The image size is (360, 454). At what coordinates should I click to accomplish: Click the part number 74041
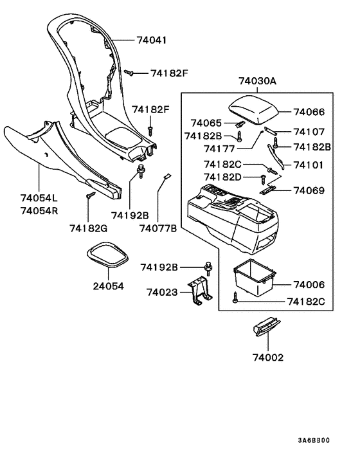point(152,40)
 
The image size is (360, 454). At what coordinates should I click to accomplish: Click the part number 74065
point(206,123)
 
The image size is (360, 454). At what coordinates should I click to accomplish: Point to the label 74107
point(309,132)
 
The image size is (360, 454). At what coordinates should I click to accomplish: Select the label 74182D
point(222,176)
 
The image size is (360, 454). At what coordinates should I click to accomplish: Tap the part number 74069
point(309,191)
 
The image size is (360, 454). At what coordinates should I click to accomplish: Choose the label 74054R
point(37,211)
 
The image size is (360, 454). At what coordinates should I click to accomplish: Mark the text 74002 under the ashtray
point(267,358)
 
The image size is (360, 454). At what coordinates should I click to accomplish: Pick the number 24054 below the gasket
point(107,286)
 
